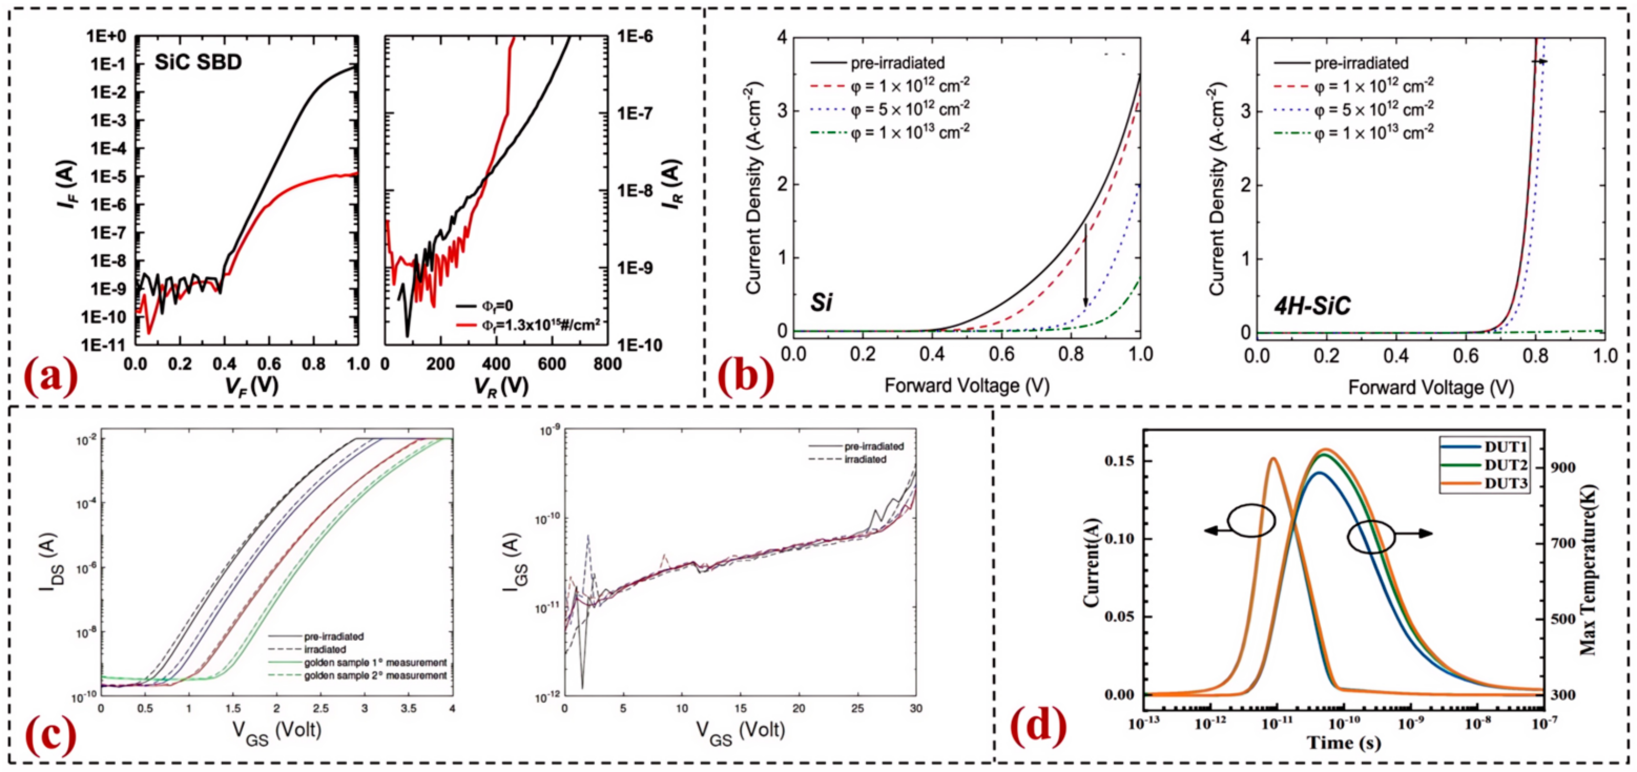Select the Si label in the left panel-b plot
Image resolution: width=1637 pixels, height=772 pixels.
821,303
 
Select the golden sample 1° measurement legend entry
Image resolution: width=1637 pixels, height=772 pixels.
375,663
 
